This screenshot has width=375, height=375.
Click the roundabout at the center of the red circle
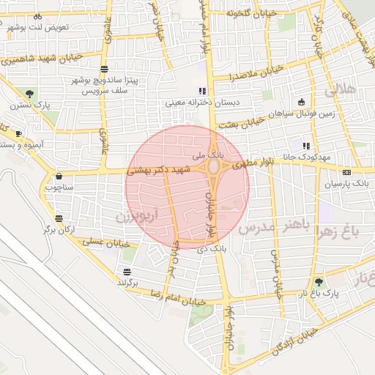pos(214,168)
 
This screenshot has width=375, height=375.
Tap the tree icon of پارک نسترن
pos(29,94)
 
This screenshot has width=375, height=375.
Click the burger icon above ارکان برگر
pos(59,218)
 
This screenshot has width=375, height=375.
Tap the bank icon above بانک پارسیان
pos(346,172)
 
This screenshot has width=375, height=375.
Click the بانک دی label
pos(210,250)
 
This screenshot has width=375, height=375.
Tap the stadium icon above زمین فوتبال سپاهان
pos(301,103)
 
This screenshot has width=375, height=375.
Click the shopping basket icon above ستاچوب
pos(59,176)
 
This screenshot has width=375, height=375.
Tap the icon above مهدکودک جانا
pos(306,146)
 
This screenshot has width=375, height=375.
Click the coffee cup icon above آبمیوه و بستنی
pos(19,133)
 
